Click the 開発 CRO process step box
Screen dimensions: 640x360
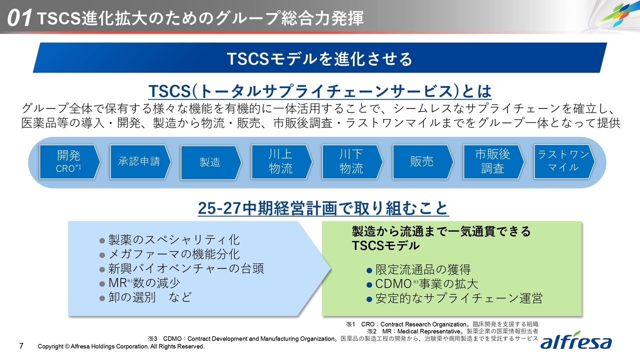tap(69, 162)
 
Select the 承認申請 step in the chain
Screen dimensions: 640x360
tap(140, 162)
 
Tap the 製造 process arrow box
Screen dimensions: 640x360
tap(211, 162)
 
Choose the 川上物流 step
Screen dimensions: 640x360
tap(281, 162)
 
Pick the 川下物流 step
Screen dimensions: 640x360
tap(352, 162)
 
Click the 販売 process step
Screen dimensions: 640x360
tap(423, 162)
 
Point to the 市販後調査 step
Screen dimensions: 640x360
tap(493, 162)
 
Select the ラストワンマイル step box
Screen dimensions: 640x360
tap(564, 161)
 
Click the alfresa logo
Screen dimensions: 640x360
tap(575, 340)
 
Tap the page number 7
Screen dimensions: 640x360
tap(21, 346)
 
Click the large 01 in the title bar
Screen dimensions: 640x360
tap(19, 18)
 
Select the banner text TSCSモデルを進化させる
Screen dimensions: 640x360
tap(319, 58)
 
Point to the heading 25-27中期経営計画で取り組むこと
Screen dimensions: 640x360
tap(323, 208)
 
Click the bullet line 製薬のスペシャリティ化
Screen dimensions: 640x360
tap(169, 239)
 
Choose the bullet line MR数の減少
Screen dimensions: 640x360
tap(139, 283)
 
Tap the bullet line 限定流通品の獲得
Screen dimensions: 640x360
tap(418, 269)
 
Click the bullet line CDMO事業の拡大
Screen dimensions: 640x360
tap(422, 284)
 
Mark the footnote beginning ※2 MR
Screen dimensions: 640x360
tap(452, 331)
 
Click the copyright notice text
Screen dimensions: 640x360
tap(121, 346)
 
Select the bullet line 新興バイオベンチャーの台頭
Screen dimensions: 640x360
tap(181, 268)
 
